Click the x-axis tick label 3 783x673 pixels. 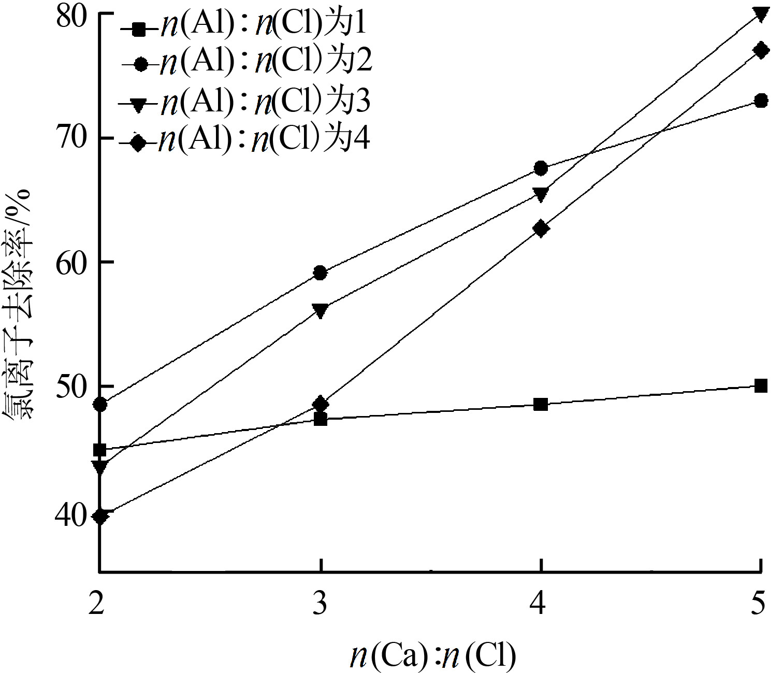point(321,603)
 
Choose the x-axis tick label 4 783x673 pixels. point(540,603)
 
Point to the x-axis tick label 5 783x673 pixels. point(759,603)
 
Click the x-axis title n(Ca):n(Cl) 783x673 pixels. point(433,655)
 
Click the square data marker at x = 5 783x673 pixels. point(760,385)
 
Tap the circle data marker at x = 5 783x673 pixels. point(760,101)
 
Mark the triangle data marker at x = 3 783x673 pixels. point(321,310)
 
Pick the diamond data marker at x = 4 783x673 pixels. point(541,228)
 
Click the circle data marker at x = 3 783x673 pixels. point(321,273)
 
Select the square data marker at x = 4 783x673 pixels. point(541,404)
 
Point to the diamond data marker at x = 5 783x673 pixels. point(760,50)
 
